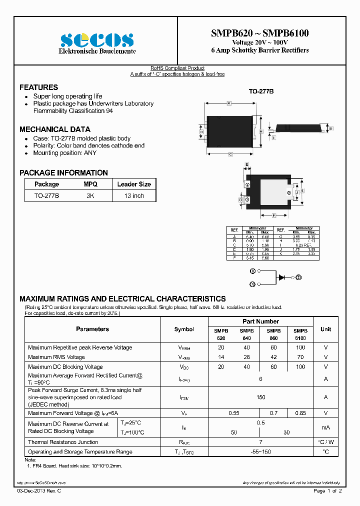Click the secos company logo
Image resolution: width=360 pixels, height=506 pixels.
coord(96,40)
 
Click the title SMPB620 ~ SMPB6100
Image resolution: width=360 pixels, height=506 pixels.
coord(260,33)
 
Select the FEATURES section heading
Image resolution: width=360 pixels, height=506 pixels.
coord(38,87)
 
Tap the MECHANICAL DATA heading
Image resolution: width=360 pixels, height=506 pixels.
coord(55,129)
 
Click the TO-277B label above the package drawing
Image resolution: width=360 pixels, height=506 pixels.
coord(261,92)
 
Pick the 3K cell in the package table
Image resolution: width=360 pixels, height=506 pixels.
coord(90,196)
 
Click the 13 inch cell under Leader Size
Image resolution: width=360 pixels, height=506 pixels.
coord(134,196)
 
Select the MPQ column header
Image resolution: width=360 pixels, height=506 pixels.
coord(90,184)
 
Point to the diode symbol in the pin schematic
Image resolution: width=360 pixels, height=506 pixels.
coord(282,276)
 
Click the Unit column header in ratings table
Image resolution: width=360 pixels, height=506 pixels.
coord(325,329)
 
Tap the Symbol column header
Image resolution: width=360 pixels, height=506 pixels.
coord(184,329)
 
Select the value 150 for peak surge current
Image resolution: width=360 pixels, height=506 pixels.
coord(260,397)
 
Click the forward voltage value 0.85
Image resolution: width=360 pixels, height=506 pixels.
coord(300,413)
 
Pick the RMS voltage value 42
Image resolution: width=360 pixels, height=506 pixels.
coord(273,357)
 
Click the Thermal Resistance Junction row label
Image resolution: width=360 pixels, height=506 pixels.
coord(63,442)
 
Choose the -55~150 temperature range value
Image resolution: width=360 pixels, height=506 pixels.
coord(260,451)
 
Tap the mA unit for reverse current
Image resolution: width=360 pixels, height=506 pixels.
coord(325,427)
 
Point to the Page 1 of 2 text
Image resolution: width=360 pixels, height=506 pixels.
coord(327,491)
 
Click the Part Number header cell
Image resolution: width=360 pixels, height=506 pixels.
coord(260,321)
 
